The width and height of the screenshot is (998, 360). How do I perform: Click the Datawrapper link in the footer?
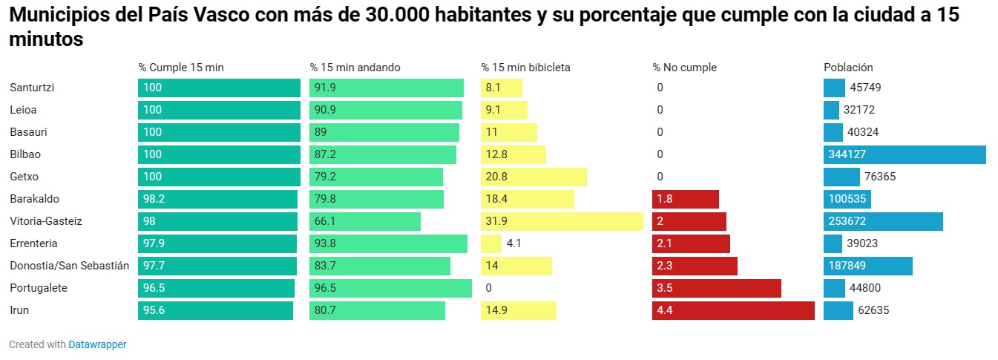coord(97,344)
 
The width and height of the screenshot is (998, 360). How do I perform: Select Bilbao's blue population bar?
coord(905,154)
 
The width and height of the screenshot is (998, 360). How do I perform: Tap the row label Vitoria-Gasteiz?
coord(46,221)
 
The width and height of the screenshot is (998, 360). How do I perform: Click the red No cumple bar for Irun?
coord(733,310)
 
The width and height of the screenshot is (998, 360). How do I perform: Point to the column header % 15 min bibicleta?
coord(525,68)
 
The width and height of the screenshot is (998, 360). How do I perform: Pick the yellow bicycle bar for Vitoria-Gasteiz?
coord(562,221)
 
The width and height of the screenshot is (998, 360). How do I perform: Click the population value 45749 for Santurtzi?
coord(865,88)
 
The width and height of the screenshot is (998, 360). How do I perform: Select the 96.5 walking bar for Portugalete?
coord(390,288)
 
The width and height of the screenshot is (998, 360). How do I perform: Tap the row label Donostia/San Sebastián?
coord(69,266)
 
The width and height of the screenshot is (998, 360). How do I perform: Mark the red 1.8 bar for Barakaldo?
coord(686,199)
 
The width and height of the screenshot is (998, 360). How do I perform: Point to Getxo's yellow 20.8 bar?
coord(534,177)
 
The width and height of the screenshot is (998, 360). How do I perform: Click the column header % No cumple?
coord(684,68)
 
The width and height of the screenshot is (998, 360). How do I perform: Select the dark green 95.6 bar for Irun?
coord(215,310)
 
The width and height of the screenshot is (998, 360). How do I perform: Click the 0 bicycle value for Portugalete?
coord(488,288)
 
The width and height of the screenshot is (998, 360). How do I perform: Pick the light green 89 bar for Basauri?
coord(384,132)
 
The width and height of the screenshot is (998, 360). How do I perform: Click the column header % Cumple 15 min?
coord(181,68)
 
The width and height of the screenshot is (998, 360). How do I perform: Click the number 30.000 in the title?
coord(402,17)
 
